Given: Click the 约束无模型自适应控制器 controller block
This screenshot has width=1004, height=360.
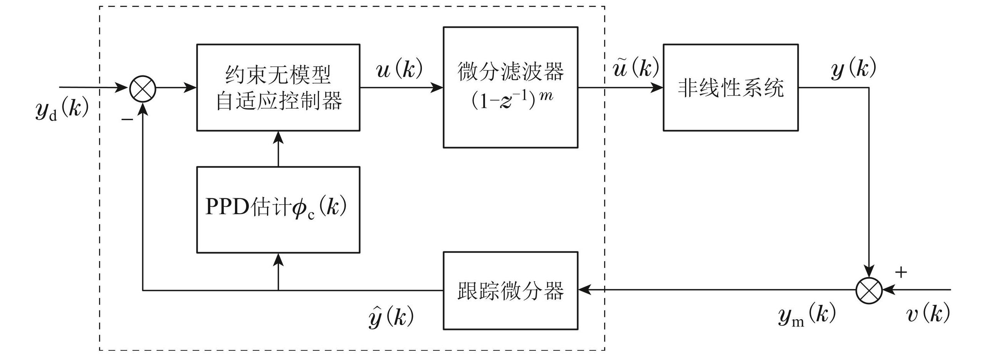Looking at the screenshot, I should click(278, 87).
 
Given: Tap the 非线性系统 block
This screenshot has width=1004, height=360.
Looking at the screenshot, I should click(730, 87).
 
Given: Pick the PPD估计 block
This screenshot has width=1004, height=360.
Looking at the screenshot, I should click(278, 209).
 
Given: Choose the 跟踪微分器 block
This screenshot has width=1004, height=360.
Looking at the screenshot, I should click(510, 291).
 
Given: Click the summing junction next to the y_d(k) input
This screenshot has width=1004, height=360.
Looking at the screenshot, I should click(143, 89).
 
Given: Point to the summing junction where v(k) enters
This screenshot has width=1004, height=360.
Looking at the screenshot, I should click(869, 291).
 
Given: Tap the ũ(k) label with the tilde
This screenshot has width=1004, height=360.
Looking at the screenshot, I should click(635, 68).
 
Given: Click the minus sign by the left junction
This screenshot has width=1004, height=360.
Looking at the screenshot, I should click(127, 119).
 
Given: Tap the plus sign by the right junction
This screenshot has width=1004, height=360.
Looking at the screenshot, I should click(901, 272).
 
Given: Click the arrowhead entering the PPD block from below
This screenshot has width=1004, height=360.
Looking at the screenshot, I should click(278, 260).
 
